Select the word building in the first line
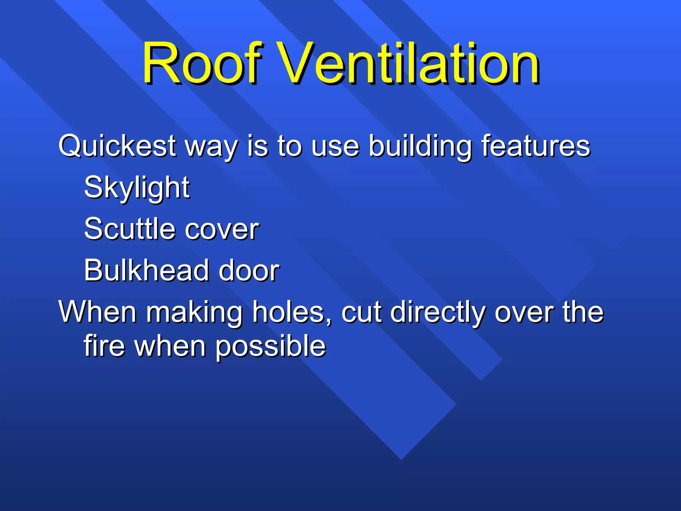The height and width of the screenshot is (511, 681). click(x=420, y=146)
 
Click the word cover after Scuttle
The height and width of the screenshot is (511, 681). click(x=222, y=230)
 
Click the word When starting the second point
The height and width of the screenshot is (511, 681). click(x=97, y=312)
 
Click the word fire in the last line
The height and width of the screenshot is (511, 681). click(x=104, y=346)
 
